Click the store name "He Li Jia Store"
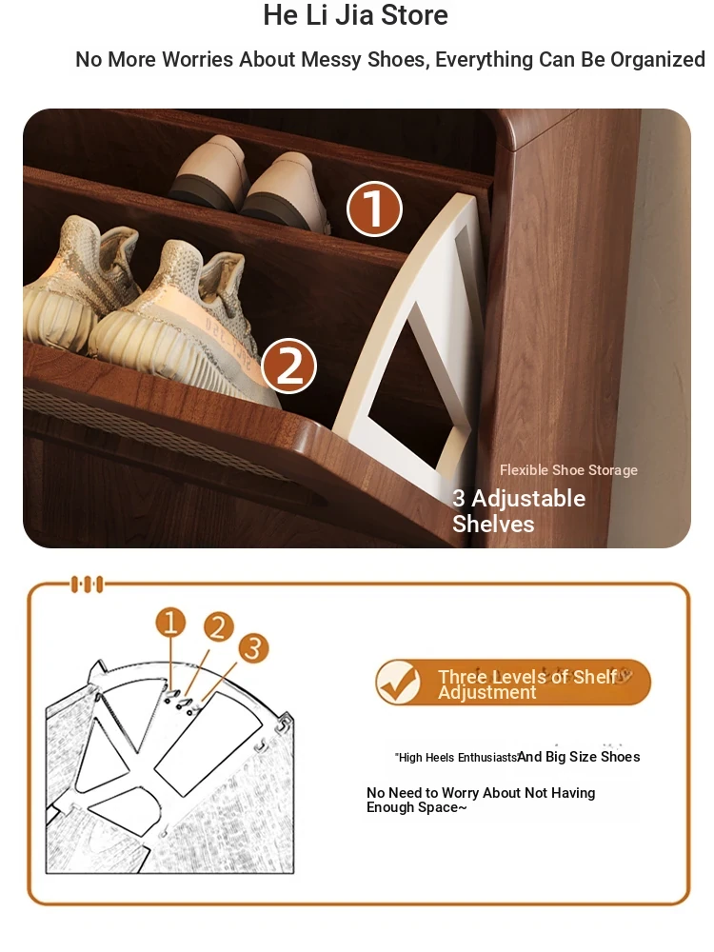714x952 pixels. [x=355, y=15]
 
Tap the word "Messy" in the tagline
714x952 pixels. [x=331, y=59]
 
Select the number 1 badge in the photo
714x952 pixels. [x=374, y=208]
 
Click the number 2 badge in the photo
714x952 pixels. [x=289, y=367]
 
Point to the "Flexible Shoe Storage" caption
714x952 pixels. [x=568, y=470]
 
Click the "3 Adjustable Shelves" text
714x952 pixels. [x=519, y=510]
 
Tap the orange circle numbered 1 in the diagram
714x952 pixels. [x=170, y=623]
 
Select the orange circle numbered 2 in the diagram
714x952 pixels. [x=219, y=627]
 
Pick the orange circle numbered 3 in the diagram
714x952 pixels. [x=253, y=647]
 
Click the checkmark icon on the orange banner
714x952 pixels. [x=398, y=682]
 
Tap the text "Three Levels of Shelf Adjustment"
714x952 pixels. [x=527, y=684]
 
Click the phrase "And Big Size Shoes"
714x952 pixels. [x=579, y=757]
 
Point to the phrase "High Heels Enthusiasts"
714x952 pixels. [x=456, y=758]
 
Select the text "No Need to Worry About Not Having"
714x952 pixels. [x=481, y=793]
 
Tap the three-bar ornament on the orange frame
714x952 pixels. [x=88, y=585]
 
